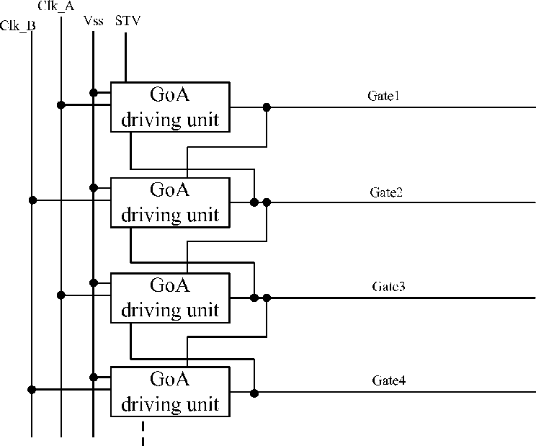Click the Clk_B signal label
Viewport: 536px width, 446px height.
(x=18, y=26)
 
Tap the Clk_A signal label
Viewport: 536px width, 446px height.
(x=56, y=6)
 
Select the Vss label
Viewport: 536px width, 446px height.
(x=94, y=21)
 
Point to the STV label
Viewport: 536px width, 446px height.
(x=128, y=21)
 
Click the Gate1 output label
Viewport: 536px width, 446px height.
(x=383, y=96)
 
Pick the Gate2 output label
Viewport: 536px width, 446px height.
(x=386, y=192)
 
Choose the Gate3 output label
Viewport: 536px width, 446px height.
(x=388, y=286)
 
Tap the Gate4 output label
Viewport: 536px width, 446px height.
(x=389, y=380)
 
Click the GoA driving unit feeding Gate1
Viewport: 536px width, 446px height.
(x=170, y=107)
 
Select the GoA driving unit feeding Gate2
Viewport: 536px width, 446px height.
(x=170, y=202)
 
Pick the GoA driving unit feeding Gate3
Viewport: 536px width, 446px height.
(x=170, y=298)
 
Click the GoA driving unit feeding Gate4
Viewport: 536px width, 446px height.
(x=170, y=392)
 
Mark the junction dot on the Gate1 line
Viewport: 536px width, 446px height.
(x=267, y=107)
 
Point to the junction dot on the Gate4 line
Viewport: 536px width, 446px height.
(x=254, y=393)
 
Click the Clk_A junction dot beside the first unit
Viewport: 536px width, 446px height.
(x=61, y=105)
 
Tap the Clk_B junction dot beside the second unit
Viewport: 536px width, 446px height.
(x=32, y=200)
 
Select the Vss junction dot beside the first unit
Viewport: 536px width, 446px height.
(x=94, y=93)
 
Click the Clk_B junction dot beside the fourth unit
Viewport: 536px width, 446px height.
(x=32, y=389)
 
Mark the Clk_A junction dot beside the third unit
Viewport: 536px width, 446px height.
(x=61, y=295)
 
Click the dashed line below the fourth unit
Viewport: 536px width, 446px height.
(x=143, y=433)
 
